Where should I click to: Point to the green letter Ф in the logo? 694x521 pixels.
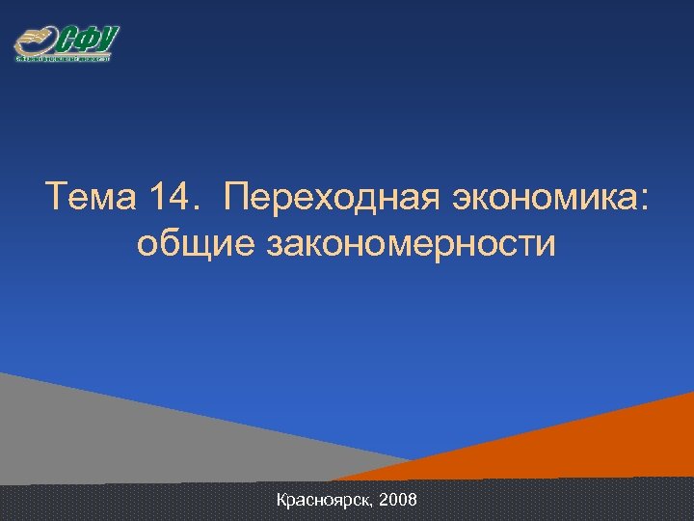[88, 41]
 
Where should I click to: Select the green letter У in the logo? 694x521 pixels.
[107, 40]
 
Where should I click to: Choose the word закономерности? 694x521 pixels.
[412, 244]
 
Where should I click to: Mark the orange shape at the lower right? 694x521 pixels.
[598, 444]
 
